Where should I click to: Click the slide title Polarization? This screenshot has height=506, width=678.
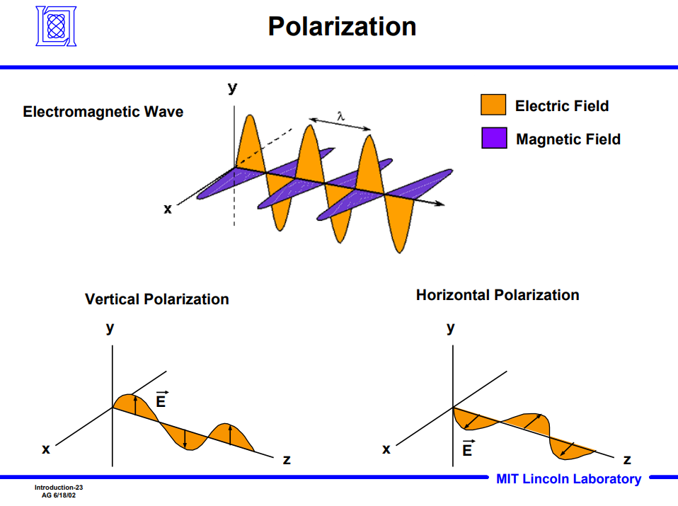(342, 27)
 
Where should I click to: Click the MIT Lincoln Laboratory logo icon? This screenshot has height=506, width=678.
(55, 26)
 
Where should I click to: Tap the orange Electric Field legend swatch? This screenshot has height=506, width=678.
(493, 105)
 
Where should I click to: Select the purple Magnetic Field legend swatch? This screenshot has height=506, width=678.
(493, 138)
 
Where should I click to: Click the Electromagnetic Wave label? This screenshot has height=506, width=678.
(103, 112)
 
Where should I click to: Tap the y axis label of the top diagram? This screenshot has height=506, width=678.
(232, 88)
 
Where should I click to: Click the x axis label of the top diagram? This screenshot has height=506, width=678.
(168, 208)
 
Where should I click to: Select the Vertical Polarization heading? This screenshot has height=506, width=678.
(157, 299)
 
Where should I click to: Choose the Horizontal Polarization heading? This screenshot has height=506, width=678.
(498, 295)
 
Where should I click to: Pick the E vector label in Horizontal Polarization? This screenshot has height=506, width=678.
(468, 448)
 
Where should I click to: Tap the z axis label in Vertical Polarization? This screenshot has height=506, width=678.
(287, 459)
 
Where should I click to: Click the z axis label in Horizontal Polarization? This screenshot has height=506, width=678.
(627, 459)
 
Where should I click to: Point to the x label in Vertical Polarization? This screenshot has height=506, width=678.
(46, 449)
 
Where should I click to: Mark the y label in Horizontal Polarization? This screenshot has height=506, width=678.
(451, 328)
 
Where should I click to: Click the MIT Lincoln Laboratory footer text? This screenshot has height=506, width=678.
(568, 479)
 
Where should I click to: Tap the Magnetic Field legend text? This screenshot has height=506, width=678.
(568, 139)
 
